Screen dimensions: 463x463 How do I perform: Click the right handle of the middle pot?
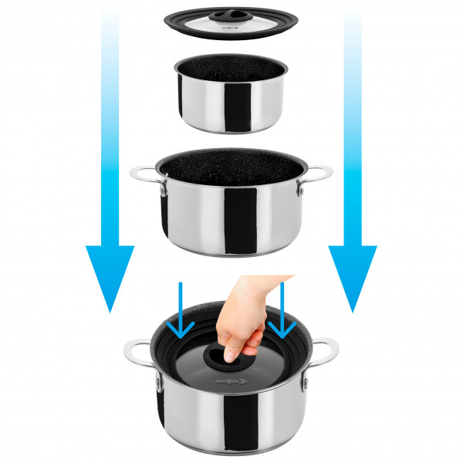coord(319,174)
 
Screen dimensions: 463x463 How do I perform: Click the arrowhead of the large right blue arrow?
coord(353,278)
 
